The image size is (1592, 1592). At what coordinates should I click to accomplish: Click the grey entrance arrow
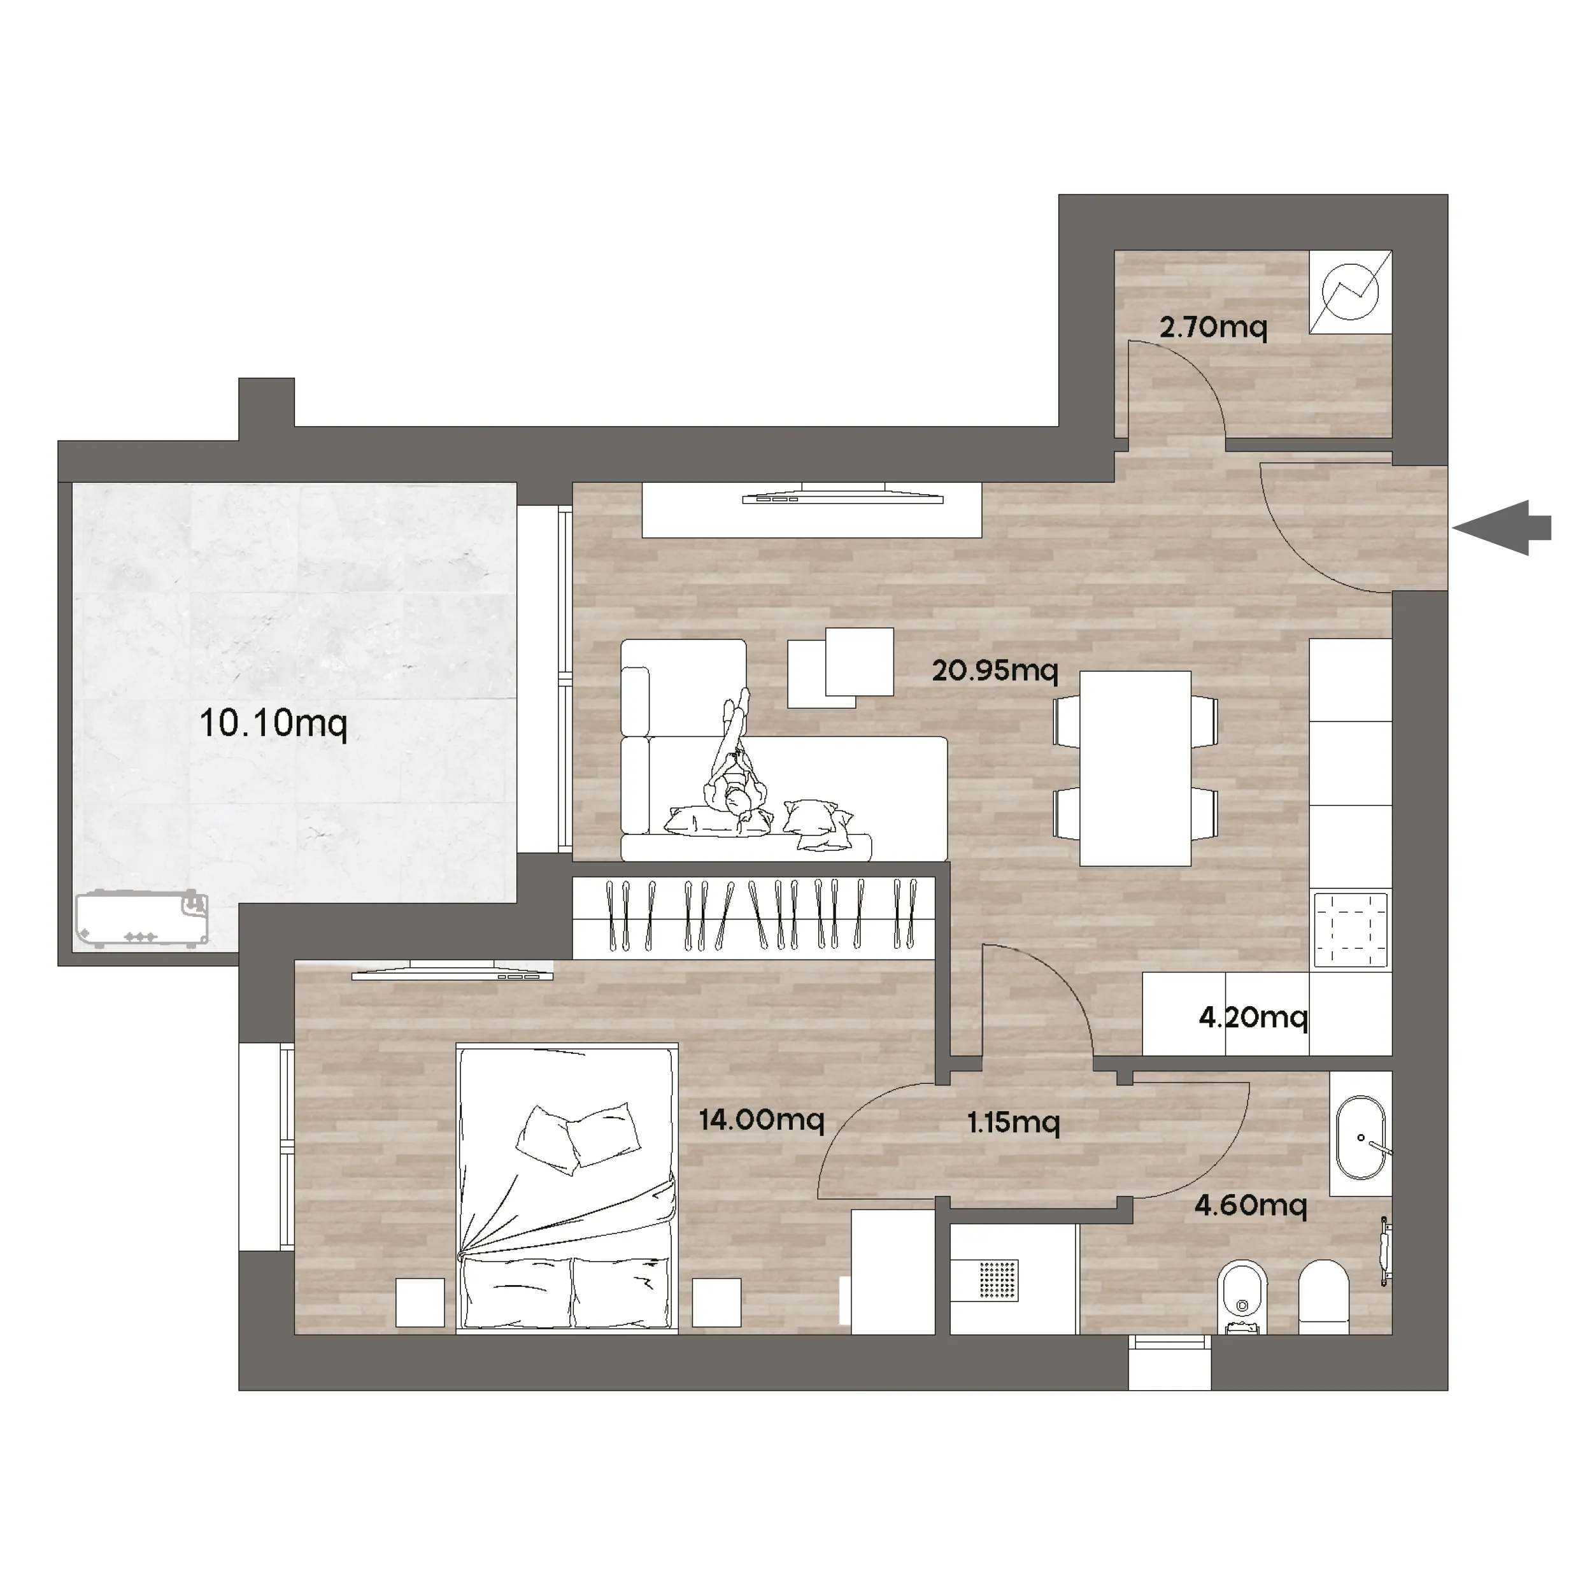click(1502, 528)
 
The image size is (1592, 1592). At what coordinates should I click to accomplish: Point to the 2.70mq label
click(1213, 328)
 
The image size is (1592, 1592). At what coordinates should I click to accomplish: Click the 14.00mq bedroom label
click(762, 1120)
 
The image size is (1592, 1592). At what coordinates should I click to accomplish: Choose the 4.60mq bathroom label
click(1251, 1206)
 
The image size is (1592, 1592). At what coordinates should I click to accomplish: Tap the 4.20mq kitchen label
click(1253, 1018)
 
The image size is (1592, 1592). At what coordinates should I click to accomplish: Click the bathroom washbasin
click(1361, 1138)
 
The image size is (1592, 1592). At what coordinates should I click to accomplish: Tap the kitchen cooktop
click(1351, 930)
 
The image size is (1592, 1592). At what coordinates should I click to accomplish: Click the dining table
click(1135, 769)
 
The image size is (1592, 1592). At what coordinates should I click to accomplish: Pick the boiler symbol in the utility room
click(1351, 292)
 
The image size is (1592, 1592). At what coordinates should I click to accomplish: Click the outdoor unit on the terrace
click(142, 919)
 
